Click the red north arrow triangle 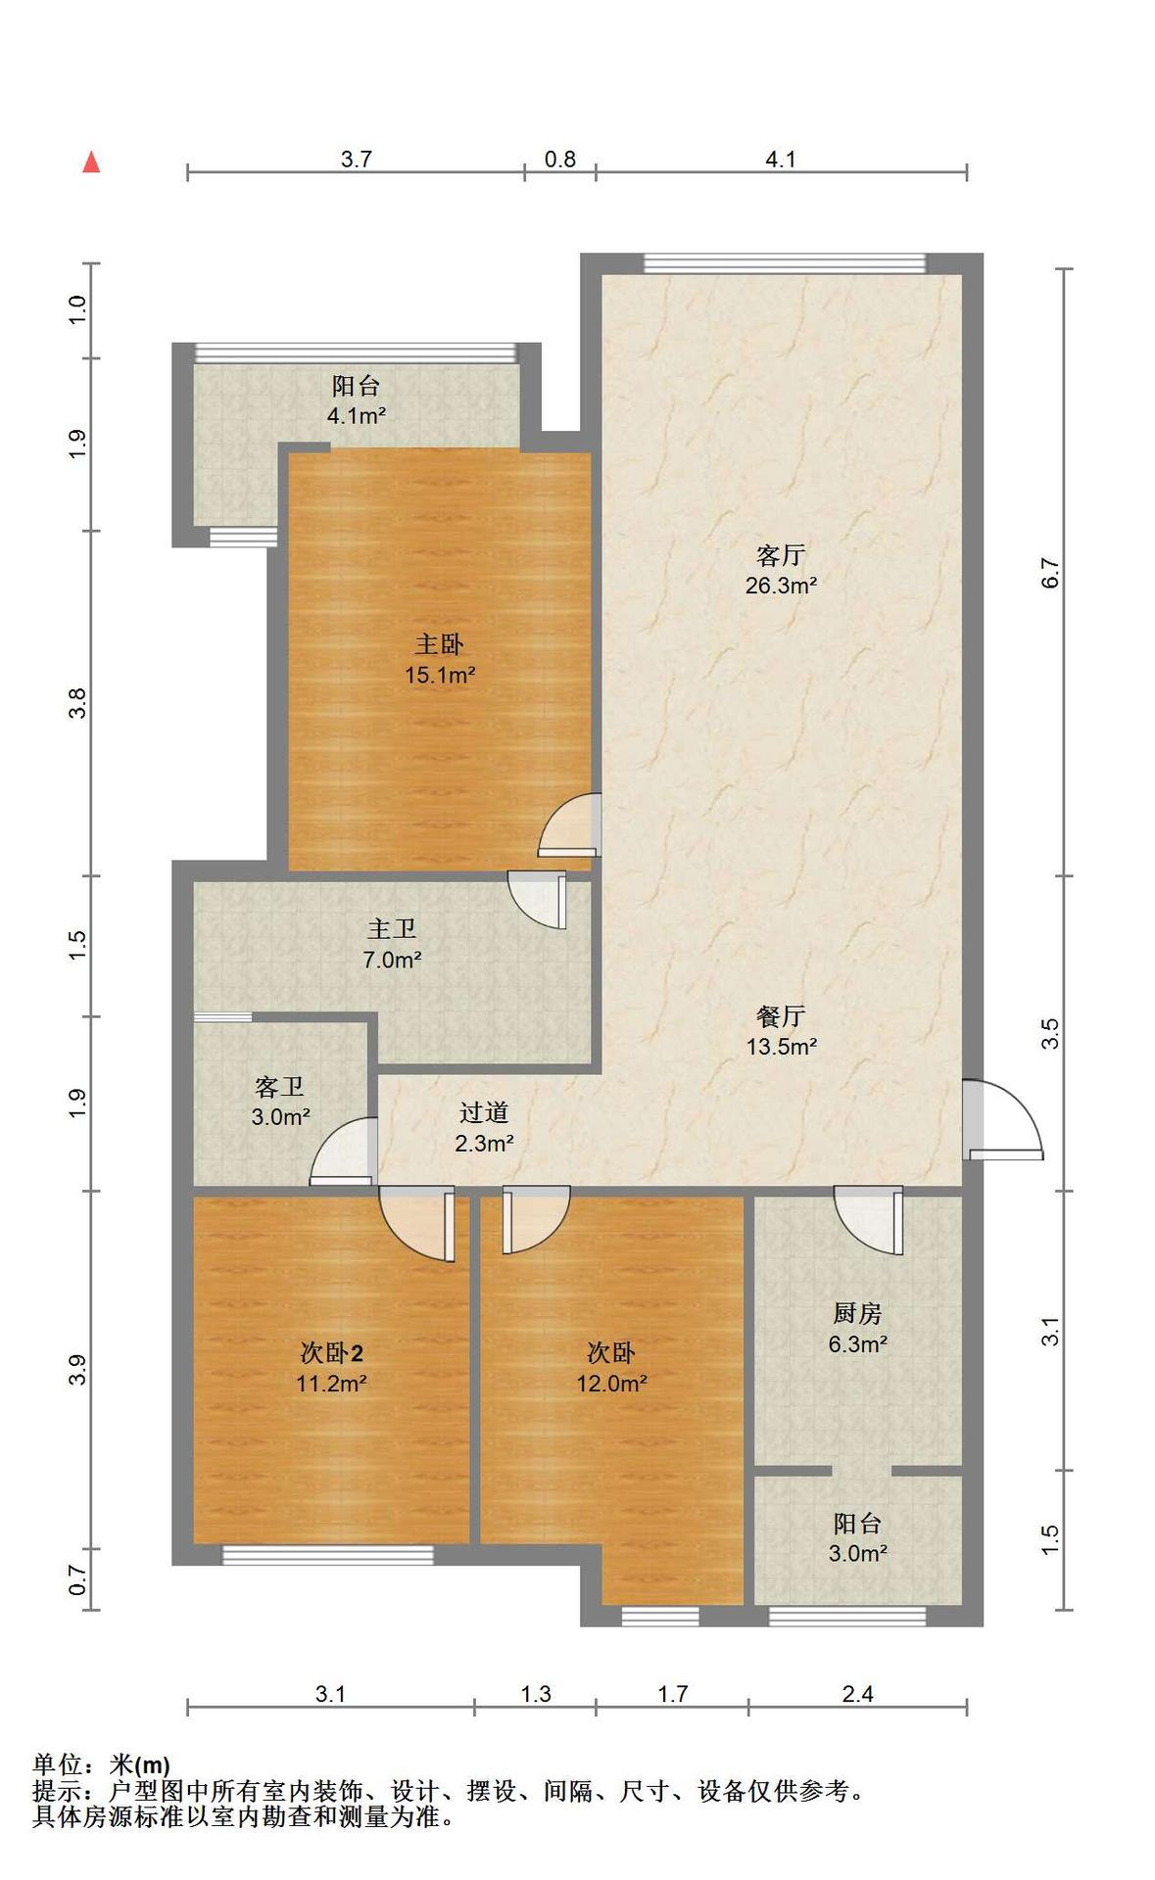[91, 162]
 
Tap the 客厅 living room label [781, 555]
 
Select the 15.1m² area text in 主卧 [440, 675]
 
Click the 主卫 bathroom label [392, 928]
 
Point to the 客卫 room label [279, 1086]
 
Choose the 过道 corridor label [484, 1112]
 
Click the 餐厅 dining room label [781, 1015]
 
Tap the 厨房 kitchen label [857, 1313]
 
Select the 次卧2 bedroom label [332, 1353]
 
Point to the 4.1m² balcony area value [356, 415]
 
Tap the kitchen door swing [868, 1218]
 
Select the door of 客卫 [344, 1151]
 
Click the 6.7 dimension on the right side [1050, 573]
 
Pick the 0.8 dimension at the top [560, 159]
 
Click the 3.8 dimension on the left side [78, 703]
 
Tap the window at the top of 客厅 [784, 263]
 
